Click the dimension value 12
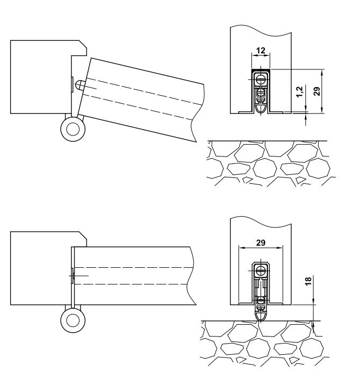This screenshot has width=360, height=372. tap(261, 50)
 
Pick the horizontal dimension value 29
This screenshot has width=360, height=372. tap(260, 243)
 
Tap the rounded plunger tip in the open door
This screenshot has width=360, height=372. tap(80, 85)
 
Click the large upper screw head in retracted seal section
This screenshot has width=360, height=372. tap(261, 79)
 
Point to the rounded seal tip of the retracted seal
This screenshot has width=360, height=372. tap(261, 108)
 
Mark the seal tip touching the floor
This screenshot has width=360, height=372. tap(261, 315)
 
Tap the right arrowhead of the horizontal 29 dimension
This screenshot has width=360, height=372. tap(280, 248)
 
